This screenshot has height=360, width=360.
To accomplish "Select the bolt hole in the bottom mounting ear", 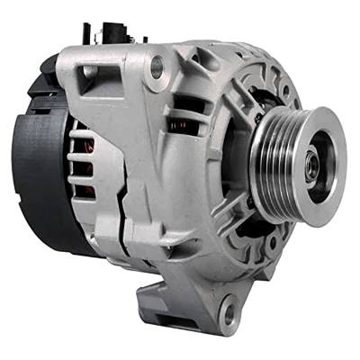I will tap(228, 315).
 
